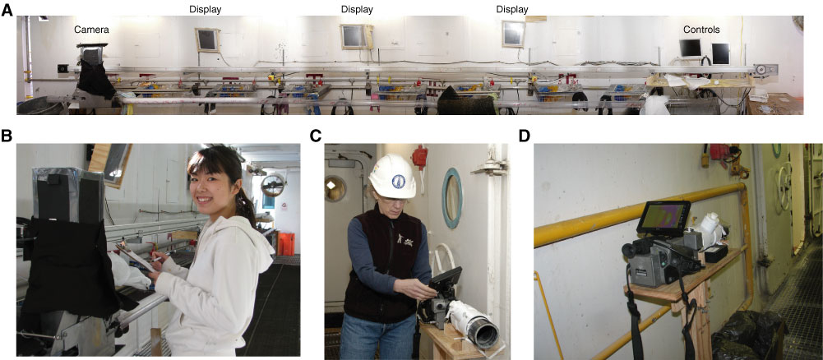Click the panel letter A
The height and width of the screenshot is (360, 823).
(7, 9)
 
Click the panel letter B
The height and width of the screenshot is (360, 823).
(7, 136)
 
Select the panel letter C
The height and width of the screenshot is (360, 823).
(316, 136)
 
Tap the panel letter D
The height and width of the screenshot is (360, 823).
(525, 136)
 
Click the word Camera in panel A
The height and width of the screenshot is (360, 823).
(91, 30)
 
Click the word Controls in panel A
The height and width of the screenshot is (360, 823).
(701, 30)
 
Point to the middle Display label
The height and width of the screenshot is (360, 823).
(357, 9)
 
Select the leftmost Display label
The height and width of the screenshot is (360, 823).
(205, 9)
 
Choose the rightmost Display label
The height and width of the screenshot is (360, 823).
(512, 9)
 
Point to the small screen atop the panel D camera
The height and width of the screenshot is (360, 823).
(663, 217)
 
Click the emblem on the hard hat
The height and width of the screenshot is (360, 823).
(397, 179)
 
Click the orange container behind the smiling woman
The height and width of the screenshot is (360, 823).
(285, 244)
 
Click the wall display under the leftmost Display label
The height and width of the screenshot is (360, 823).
(207, 39)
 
